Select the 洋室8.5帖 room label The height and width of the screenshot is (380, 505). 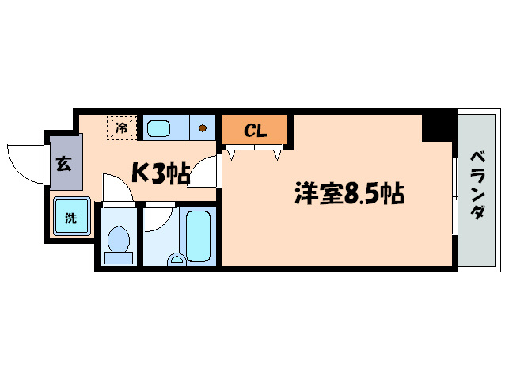tap(349, 192)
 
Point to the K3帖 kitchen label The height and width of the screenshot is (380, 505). tap(160, 173)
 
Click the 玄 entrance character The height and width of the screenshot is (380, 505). tap(63, 165)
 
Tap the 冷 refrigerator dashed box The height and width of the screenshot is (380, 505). tap(122, 127)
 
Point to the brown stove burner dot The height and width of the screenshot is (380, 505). tap(203, 127)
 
